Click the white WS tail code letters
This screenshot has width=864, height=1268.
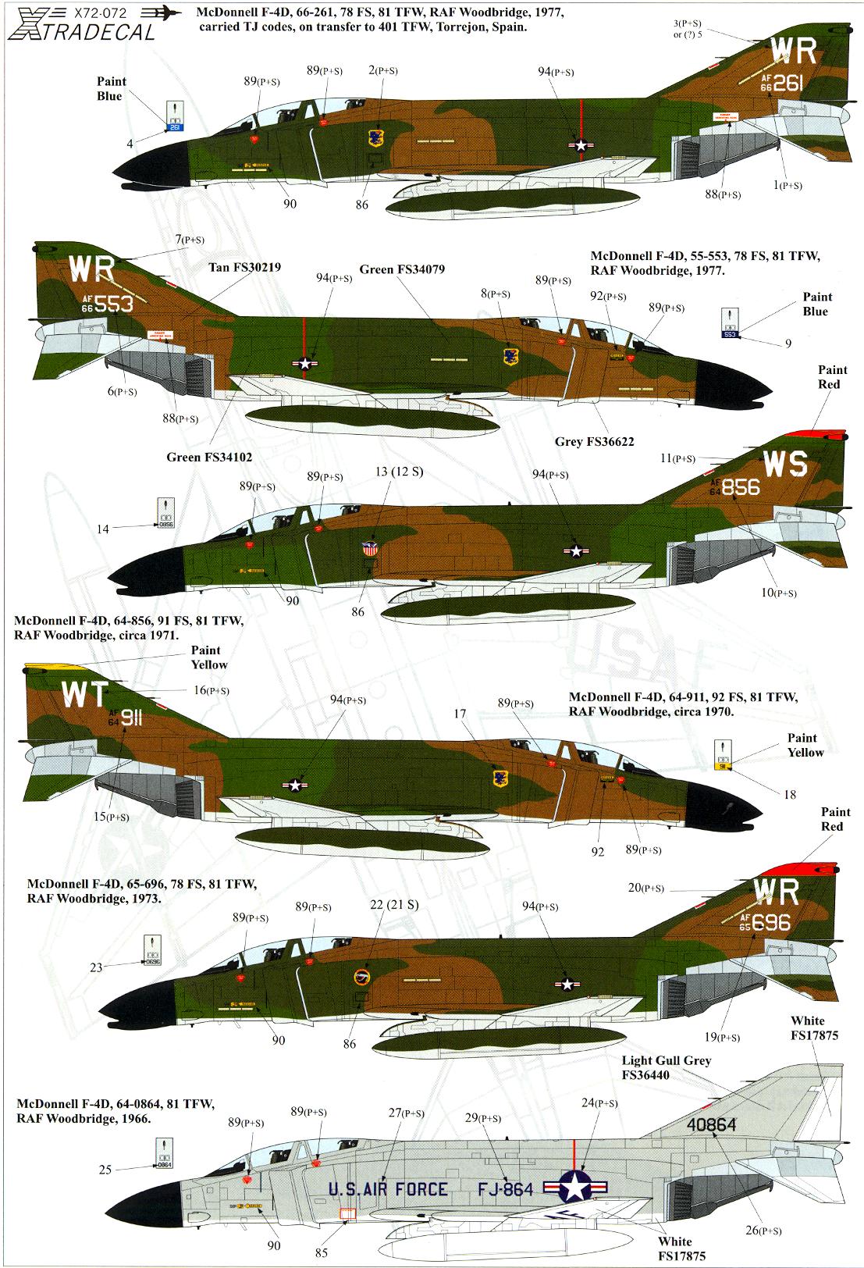(784, 465)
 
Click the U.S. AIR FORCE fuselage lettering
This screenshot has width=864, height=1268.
(388, 1189)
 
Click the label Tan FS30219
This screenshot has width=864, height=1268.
(244, 267)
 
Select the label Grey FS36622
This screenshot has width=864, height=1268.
(593, 442)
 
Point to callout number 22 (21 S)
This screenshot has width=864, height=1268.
(393, 905)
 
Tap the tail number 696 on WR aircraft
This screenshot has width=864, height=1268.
(770, 923)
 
